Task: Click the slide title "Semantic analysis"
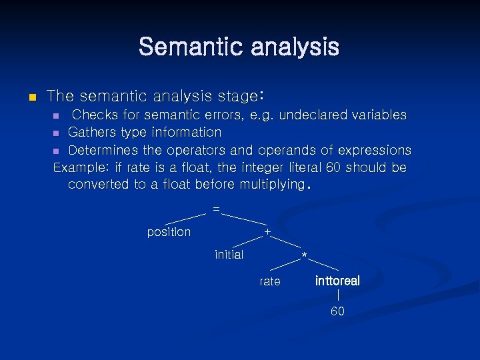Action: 239,47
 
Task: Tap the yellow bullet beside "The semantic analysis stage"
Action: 31,97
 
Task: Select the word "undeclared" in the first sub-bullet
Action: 309,115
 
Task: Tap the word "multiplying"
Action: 269,185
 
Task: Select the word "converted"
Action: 99,185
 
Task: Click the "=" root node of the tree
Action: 215,209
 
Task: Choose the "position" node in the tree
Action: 169,232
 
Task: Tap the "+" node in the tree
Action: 267,232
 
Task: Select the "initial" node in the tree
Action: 229,255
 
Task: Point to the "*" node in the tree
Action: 304,257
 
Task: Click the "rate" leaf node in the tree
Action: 270,281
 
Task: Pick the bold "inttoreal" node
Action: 337,281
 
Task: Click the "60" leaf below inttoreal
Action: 338,311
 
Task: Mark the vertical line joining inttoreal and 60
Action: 339,295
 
